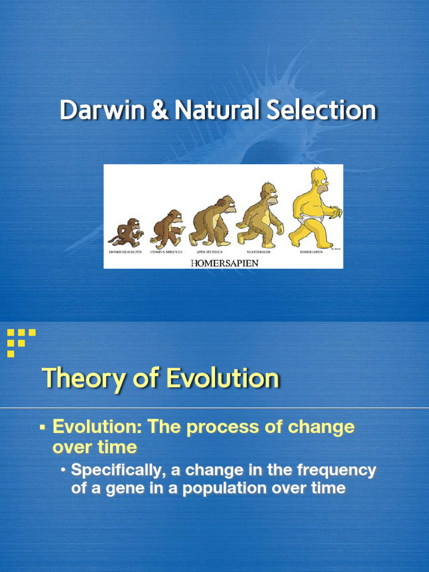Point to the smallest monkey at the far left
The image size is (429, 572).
pyautogui.click(x=126, y=232)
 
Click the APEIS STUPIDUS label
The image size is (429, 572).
pyautogui.click(x=209, y=252)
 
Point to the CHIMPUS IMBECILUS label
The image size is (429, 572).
pyautogui.click(x=166, y=252)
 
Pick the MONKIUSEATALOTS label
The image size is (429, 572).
pyautogui.click(x=125, y=252)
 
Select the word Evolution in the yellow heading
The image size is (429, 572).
pyautogui.click(x=222, y=379)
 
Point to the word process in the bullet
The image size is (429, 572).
pyautogui.click(x=219, y=427)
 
